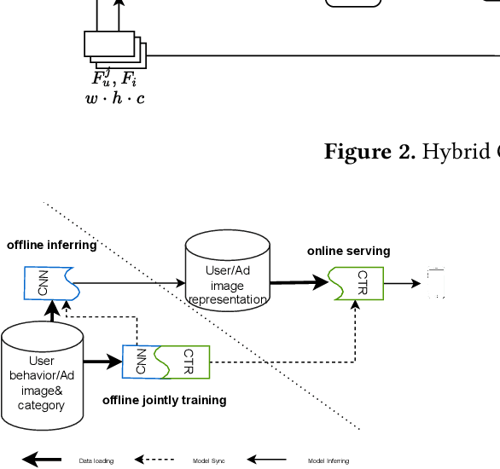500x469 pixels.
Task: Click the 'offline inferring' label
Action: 51,246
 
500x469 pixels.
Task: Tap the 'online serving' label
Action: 348,252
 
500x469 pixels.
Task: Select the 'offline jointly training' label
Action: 164,400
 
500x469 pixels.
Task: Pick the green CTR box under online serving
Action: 357,283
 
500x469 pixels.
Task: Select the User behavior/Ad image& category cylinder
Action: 42,378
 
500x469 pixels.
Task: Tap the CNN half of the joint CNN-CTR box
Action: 140,362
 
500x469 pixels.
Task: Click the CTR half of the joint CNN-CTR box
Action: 187,362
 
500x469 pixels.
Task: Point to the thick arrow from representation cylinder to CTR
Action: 299,283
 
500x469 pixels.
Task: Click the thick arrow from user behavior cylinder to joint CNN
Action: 102,362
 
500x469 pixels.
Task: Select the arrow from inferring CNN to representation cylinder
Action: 128,283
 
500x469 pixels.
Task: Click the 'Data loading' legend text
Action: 96,461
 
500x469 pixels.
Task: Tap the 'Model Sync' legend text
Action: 209,461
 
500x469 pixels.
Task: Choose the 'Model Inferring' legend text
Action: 328,461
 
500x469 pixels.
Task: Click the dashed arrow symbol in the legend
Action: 154,460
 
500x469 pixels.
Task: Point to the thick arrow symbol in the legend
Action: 42,460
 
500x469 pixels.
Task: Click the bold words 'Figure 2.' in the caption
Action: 369,152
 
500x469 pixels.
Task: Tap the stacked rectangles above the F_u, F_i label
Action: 114,49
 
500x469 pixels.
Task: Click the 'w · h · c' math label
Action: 114,99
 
